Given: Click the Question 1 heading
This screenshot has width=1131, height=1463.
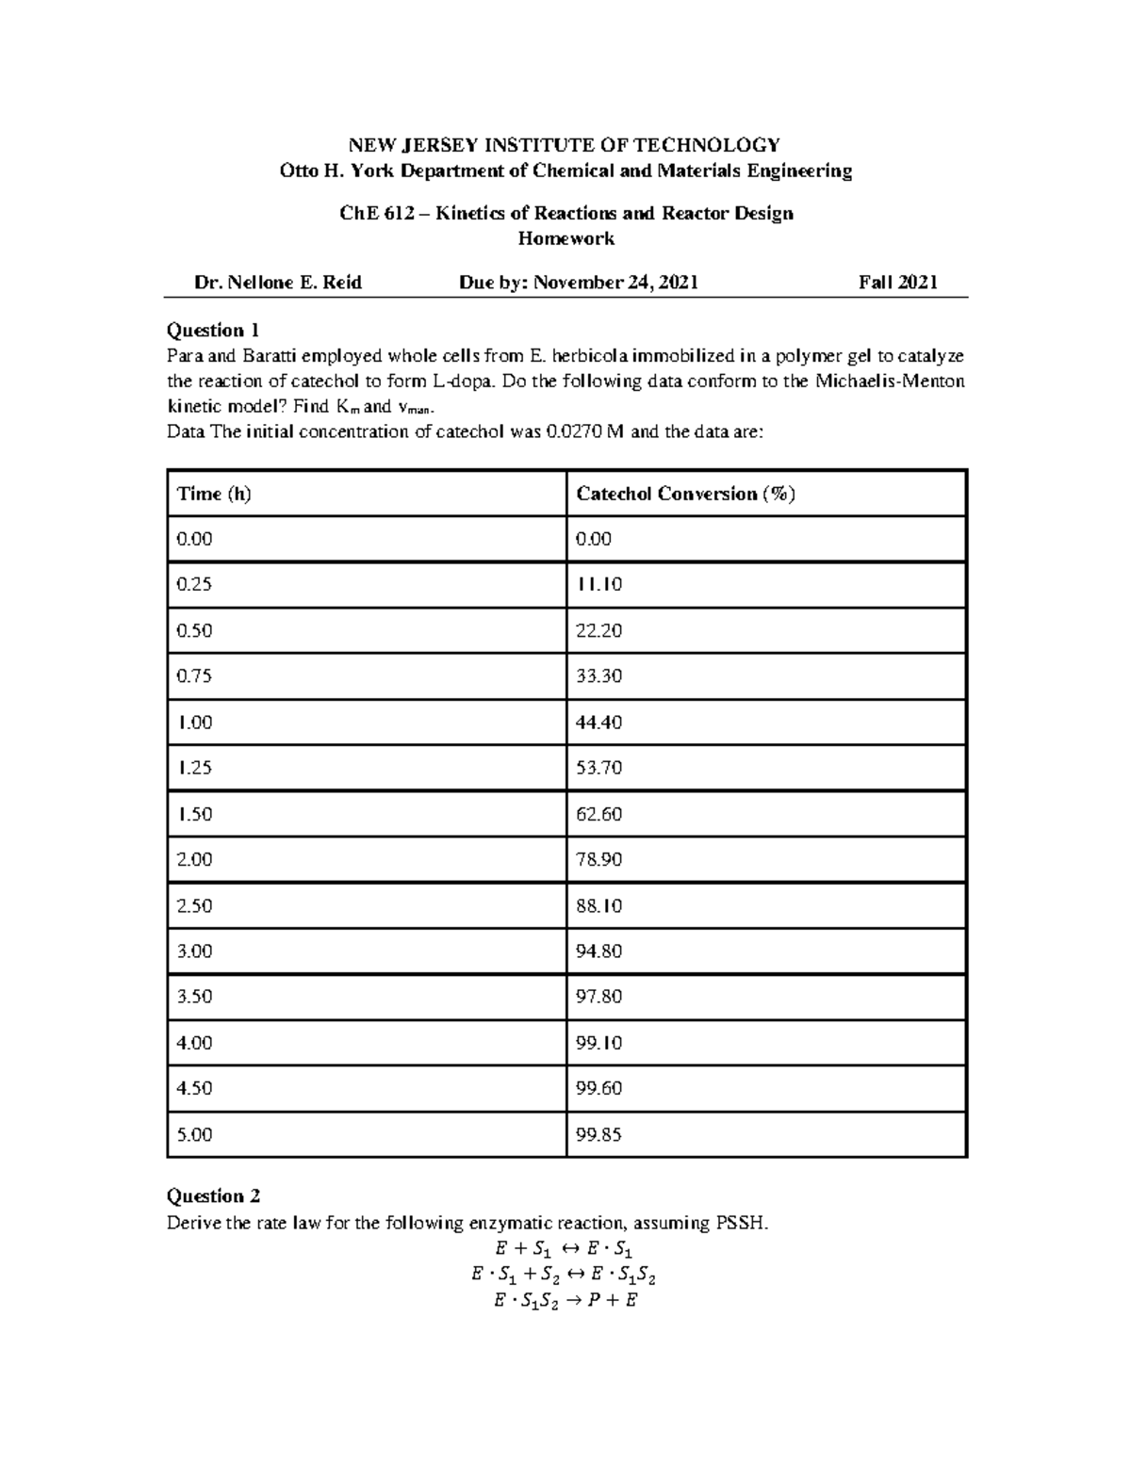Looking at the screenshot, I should tap(212, 330).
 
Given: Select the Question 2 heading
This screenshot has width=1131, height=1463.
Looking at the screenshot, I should tap(213, 1195).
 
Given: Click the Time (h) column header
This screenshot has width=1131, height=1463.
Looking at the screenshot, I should tap(214, 494).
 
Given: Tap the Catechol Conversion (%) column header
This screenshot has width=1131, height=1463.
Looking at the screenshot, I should tap(685, 494).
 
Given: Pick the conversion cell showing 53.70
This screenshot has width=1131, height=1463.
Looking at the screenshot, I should tap(598, 768).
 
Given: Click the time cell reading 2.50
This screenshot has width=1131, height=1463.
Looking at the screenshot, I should tap(194, 905).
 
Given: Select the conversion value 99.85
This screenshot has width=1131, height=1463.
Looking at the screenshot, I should tap(598, 1134).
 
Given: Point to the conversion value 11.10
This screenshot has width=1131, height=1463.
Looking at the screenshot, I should tap(598, 584).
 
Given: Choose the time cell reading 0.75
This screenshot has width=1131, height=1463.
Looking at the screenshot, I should tap(194, 675).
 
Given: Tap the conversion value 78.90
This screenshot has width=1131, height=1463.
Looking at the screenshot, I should tap(598, 859).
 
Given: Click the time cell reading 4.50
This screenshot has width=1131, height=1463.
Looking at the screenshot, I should tap(194, 1088).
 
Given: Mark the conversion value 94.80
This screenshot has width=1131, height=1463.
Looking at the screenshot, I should tap(598, 951).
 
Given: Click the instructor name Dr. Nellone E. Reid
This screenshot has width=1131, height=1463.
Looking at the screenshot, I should tap(277, 282).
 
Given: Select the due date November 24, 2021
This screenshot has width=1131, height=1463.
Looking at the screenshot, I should tap(615, 282).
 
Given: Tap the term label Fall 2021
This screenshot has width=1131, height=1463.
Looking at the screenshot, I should tap(897, 282).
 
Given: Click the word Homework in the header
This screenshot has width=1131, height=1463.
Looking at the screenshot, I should tap(565, 238).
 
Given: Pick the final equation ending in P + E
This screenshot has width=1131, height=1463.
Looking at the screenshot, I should tap(565, 1301).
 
